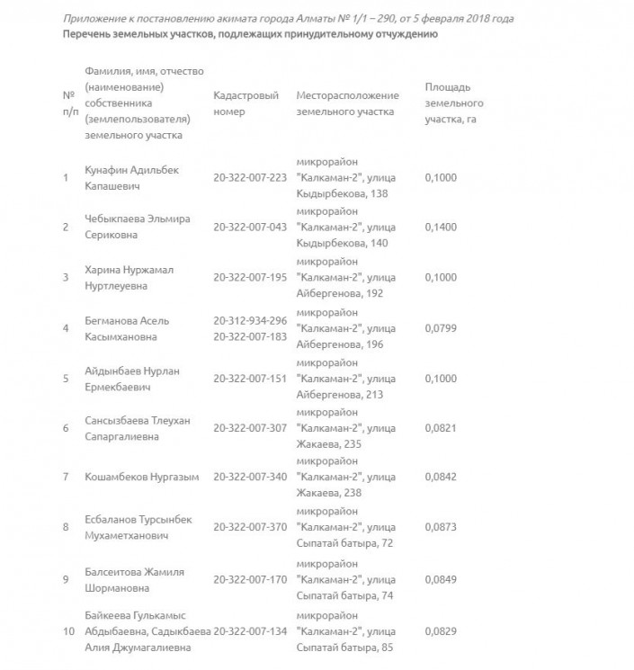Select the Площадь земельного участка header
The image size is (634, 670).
pyautogui.click(x=454, y=103)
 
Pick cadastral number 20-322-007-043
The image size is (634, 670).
pyautogui.click(x=249, y=227)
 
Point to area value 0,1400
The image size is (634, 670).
pyautogui.click(x=441, y=227)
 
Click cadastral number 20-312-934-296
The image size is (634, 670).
pyautogui.click(x=249, y=319)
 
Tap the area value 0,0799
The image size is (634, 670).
pyautogui.click(x=441, y=328)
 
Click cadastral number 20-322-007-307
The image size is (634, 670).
pyautogui.click(x=249, y=427)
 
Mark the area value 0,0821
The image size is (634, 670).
pyautogui.click(x=441, y=427)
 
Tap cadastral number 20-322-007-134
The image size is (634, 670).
pyautogui.click(x=249, y=630)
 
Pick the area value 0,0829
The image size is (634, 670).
pyautogui.click(x=441, y=630)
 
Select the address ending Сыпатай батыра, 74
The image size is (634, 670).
pyautogui.click(x=344, y=594)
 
